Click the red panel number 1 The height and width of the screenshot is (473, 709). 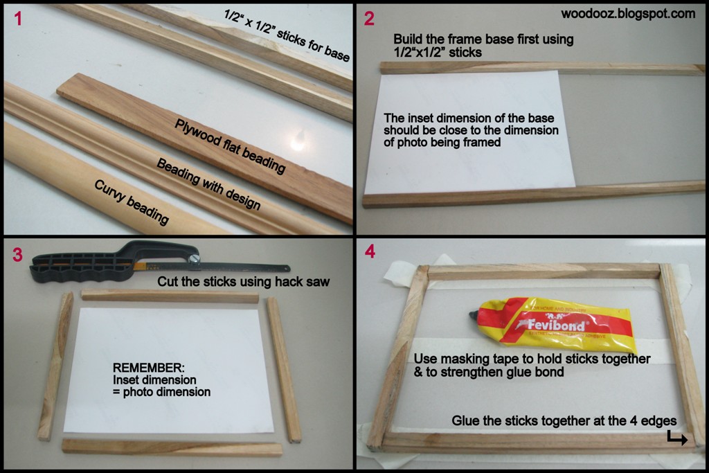(18, 19)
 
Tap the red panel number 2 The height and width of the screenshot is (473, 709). (369, 19)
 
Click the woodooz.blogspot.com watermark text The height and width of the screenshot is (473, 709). (628, 13)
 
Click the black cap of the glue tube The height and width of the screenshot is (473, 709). (476, 315)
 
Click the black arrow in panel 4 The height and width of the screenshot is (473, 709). (676, 438)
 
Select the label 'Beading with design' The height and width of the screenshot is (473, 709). (208, 184)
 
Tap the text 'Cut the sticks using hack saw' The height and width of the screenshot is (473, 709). (243, 282)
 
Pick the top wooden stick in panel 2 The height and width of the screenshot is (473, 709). (540, 68)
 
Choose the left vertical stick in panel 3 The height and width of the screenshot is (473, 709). (55, 366)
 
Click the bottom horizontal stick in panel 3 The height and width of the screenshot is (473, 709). (172, 447)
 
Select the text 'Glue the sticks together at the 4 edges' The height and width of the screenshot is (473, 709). (564, 421)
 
